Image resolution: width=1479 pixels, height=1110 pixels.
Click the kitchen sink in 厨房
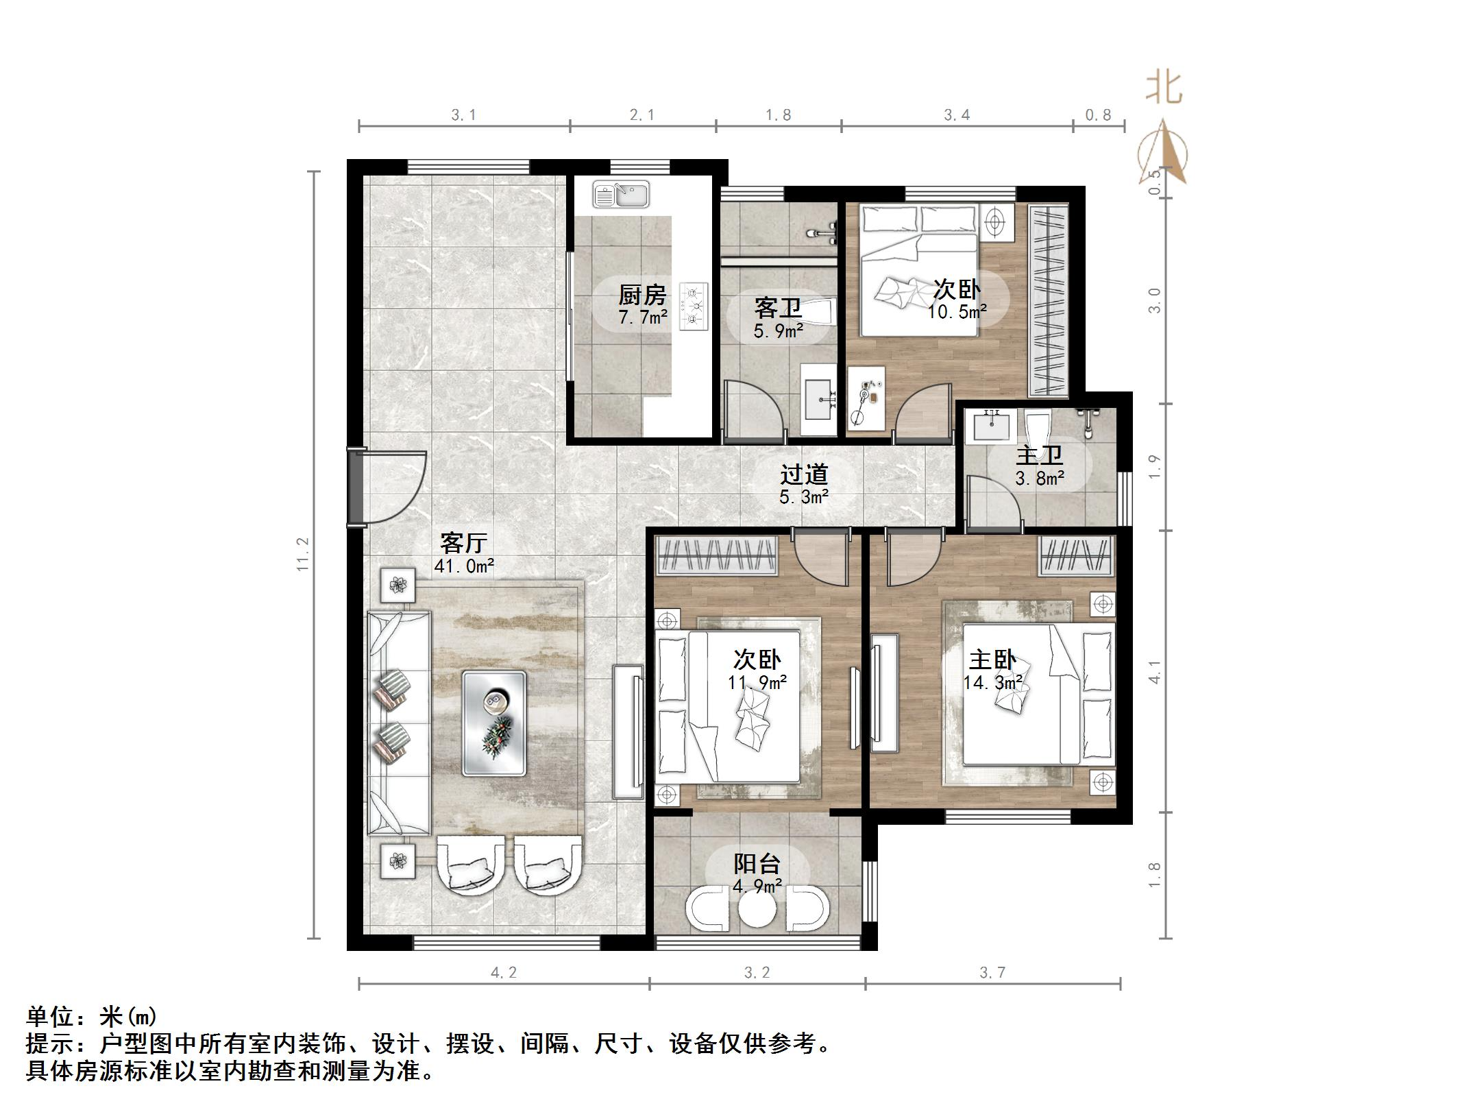pos(621,195)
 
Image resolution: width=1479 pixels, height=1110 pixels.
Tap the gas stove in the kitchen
pos(694,308)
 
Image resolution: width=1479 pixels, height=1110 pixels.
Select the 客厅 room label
pos(463,543)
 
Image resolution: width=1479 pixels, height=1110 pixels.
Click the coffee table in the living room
pos(494,723)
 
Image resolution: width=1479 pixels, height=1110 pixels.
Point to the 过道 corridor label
pos(804,474)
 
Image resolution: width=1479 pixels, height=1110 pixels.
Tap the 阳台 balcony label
pos(757,863)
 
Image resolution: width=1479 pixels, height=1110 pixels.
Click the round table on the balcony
pos(757,910)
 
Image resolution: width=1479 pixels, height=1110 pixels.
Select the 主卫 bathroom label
pos(1039,455)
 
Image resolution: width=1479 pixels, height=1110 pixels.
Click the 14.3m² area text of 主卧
pos(993,683)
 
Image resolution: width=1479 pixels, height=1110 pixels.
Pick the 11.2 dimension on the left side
pos(303,554)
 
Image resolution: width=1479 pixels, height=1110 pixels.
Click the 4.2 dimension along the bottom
pos(504,972)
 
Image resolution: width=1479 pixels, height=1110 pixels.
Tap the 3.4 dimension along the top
pos(957,115)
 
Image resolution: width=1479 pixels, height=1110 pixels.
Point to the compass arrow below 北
pos(1164,154)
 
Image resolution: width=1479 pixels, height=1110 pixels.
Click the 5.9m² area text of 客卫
pos(779,332)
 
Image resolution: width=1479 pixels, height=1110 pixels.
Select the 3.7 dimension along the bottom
pos(992,972)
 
